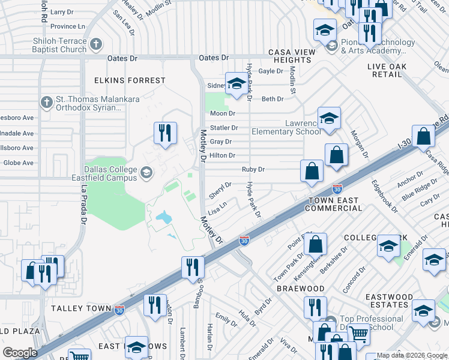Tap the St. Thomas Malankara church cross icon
coord(46,103)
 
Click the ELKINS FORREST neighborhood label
coord(130,80)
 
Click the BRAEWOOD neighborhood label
coord(301,289)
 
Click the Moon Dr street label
coord(222,113)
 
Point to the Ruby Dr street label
coord(253,170)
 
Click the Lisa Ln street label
coord(217,209)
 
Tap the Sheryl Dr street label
coord(220,191)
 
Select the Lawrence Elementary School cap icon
coord(329,119)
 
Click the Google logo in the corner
coord(20,353)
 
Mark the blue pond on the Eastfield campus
coord(161,217)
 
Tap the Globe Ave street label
coord(19,163)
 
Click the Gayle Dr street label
coord(270,71)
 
